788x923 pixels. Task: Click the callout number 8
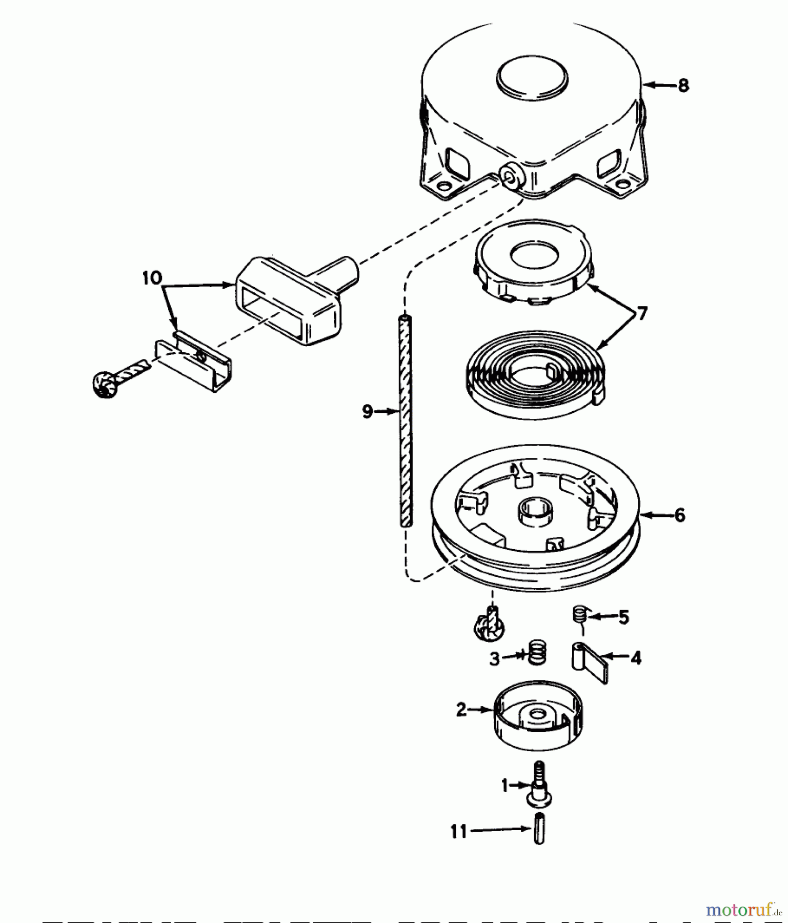(x=683, y=85)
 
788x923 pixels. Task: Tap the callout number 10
(x=152, y=278)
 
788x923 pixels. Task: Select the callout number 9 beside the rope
(x=368, y=411)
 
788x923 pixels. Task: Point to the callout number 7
(x=641, y=313)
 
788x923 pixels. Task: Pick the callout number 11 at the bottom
(x=459, y=831)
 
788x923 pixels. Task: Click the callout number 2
(x=461, y=710)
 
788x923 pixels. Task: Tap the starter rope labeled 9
(x=406, y=420)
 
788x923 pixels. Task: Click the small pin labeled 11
(x=538, y=828)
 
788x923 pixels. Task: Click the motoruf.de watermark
(x=743, y=910)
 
